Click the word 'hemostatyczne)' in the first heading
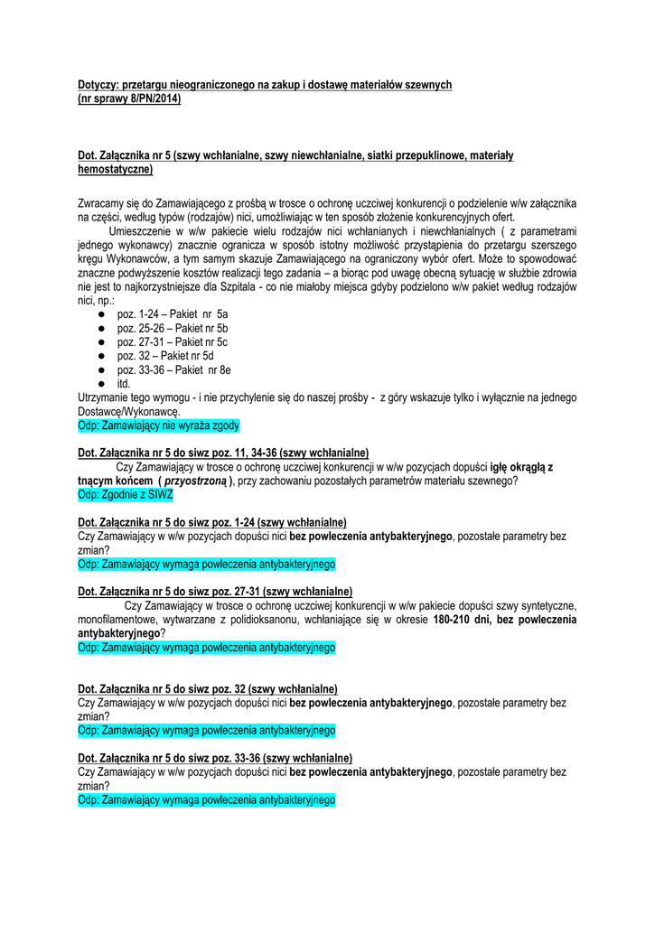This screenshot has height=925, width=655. [116, 169]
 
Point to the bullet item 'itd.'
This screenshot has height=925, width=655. [124, 384]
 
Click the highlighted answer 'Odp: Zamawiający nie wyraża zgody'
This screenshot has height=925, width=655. [159, 425]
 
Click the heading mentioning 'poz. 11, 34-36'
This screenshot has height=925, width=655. [223, 453]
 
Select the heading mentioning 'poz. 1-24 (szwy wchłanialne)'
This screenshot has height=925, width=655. [212, 522]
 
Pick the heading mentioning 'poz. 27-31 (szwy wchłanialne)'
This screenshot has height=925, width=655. [215, 592]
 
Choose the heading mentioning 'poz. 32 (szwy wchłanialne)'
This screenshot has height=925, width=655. [208, 688]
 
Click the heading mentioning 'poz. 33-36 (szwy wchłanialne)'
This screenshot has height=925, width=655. [215, 758]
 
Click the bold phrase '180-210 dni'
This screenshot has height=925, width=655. [462, 621]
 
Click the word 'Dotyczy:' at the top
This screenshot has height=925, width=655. [98, 85]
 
